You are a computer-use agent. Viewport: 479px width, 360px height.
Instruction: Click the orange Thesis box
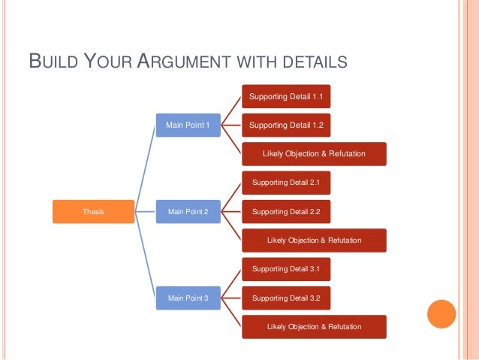(x=93, y=212)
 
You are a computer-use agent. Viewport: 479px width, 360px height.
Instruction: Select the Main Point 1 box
(x=188, y=125)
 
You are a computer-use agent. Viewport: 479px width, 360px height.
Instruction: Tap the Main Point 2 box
(x=188, y=212)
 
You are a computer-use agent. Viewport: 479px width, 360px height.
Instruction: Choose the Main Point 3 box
(x=188, y=298)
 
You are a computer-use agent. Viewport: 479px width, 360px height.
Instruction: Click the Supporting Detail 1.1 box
(x=285, y=96)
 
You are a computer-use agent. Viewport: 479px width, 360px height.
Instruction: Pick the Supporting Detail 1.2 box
(x=285, y=125)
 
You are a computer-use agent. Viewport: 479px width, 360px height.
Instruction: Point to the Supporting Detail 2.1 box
(x=285, y=183)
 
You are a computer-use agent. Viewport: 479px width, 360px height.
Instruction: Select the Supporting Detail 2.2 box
(x=285, y=212)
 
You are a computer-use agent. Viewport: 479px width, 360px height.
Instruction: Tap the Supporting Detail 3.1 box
(x=285, y=269)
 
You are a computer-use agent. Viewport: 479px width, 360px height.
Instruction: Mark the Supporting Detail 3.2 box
(x=285, y=298)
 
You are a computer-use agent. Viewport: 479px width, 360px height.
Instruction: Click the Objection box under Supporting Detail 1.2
(x=314, y=153)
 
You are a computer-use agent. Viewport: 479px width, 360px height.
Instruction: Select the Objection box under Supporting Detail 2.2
(x=314, y=241)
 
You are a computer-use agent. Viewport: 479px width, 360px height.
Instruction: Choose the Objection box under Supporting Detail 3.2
(x=314, y=327)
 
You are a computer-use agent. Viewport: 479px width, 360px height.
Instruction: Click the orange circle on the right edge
(x=441, y=314)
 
